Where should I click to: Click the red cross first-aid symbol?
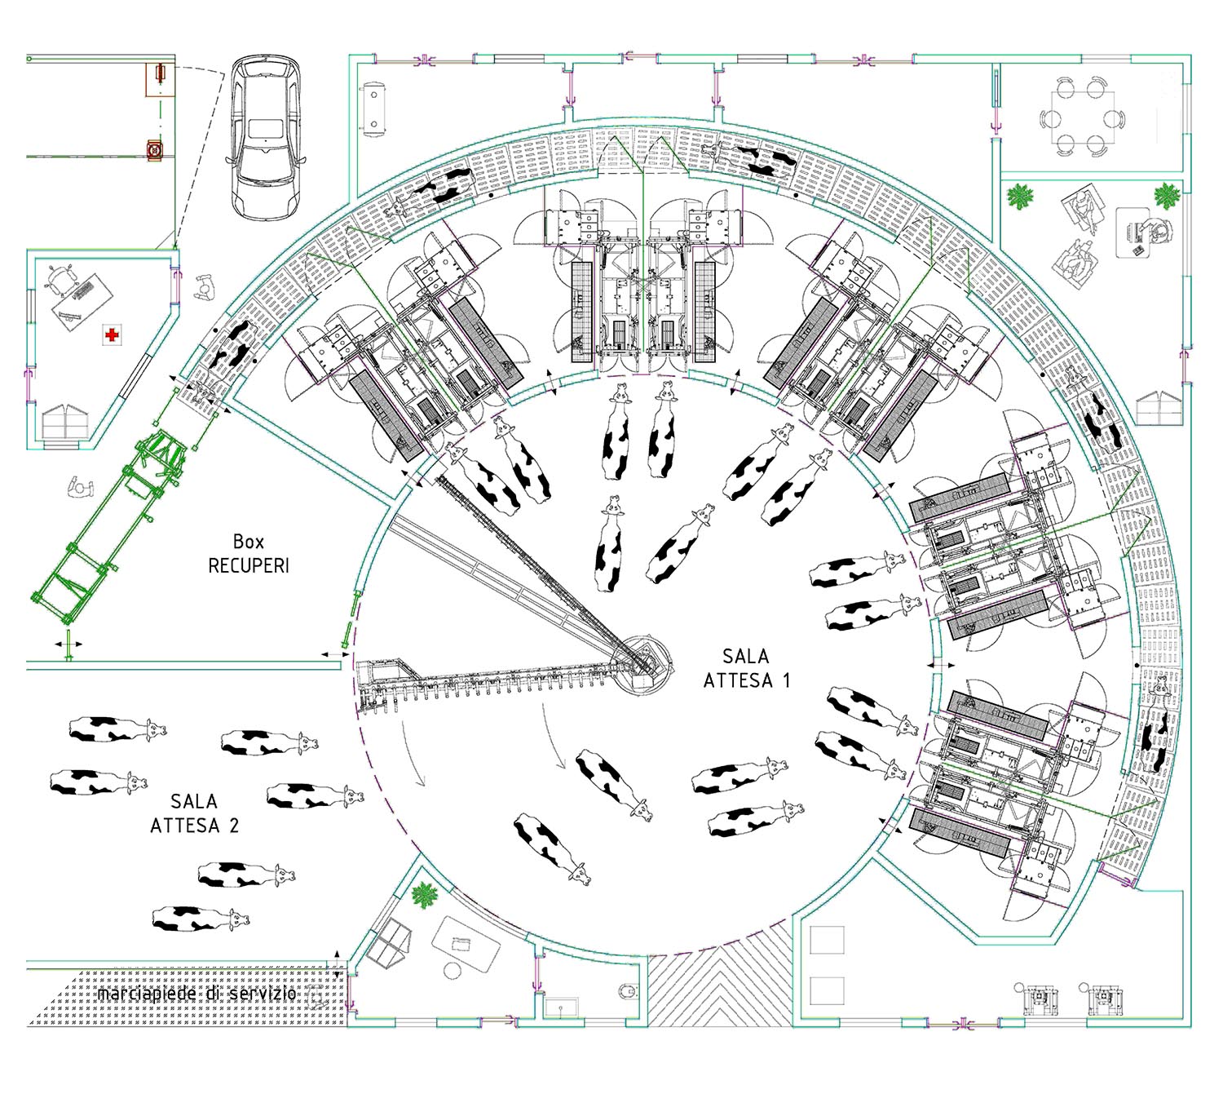pos(112,334)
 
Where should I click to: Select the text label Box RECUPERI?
pos(248,553)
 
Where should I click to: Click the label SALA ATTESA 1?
pos(746,669)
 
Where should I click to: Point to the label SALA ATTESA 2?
pos(194,813)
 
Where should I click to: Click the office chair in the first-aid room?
pos(62,280)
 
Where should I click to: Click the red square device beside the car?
pos(156,149)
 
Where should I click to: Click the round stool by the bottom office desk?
pos(453,972)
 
